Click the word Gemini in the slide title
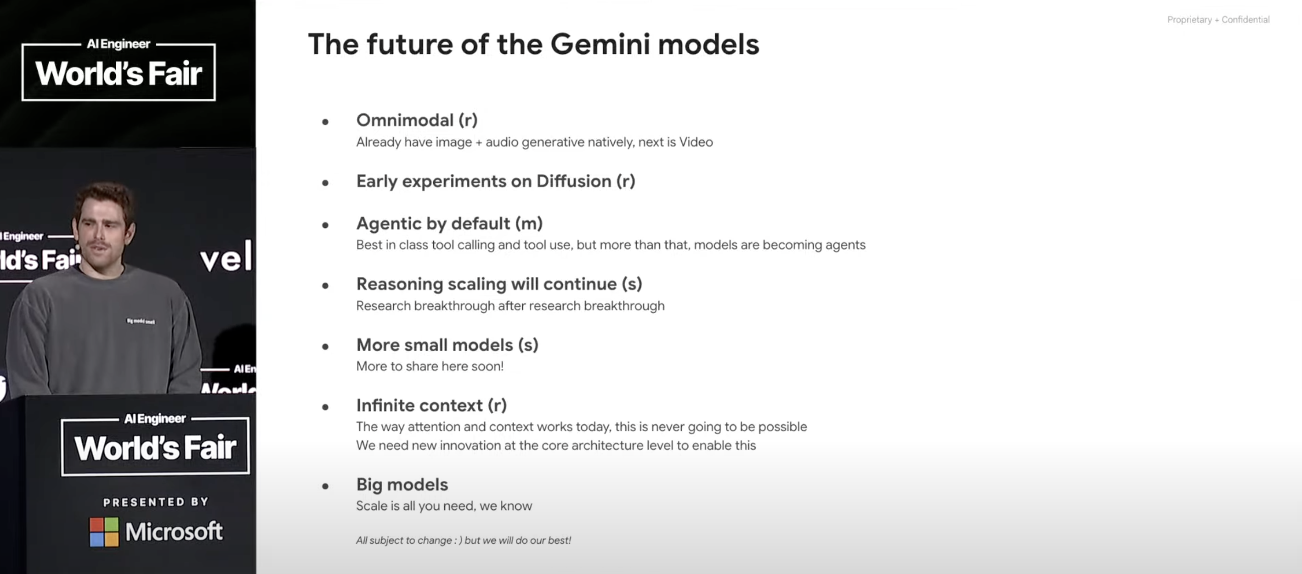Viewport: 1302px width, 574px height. click(600, 44)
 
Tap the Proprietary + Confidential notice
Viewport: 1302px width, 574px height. click(1218, 20)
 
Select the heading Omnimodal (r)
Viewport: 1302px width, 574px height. click(417, 120)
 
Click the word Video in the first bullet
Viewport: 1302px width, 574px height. click(696, 142)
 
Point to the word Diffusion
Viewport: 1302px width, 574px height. click(574, 181)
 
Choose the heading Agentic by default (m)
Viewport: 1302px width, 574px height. click(449, 223)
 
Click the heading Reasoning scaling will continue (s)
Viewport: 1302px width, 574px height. click(499, 284)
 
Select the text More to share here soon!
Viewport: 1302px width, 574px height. click(430, 366)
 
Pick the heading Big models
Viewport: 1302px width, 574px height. click(402, 484)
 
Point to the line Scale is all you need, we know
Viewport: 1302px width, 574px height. click(444, 506)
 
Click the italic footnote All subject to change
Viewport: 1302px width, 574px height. click(464, 540)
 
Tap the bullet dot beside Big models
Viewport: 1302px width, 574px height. click(325, 486)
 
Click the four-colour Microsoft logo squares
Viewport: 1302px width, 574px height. click(104, 532)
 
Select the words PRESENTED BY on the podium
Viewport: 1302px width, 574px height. click(156, 502)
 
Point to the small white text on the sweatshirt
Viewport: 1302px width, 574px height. click(141, 321)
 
